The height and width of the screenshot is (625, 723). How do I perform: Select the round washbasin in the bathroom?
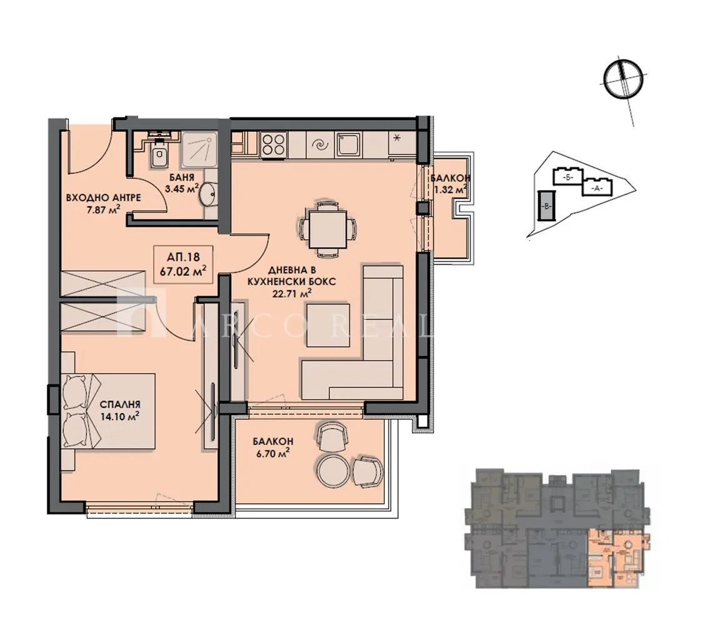pos(207,195)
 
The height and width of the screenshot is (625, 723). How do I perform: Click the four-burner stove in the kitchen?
pos(273,145)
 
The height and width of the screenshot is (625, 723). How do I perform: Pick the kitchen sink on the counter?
pos(347,145)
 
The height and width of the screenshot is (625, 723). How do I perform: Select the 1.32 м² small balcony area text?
pos(451,189)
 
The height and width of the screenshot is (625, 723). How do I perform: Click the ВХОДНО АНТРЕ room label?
pos(103,197)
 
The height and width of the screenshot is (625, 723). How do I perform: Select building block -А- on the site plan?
pos(597,186)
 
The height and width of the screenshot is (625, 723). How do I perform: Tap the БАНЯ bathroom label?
pos(166,177)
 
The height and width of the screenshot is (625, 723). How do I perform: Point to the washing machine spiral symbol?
pos(319,145)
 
